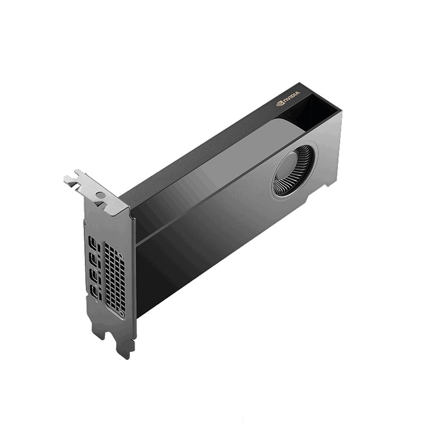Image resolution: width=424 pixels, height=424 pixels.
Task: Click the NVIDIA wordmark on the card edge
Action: point(291,96)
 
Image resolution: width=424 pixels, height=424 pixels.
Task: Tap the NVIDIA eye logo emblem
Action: point(279,103)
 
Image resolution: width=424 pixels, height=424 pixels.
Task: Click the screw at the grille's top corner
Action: point(121,255)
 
